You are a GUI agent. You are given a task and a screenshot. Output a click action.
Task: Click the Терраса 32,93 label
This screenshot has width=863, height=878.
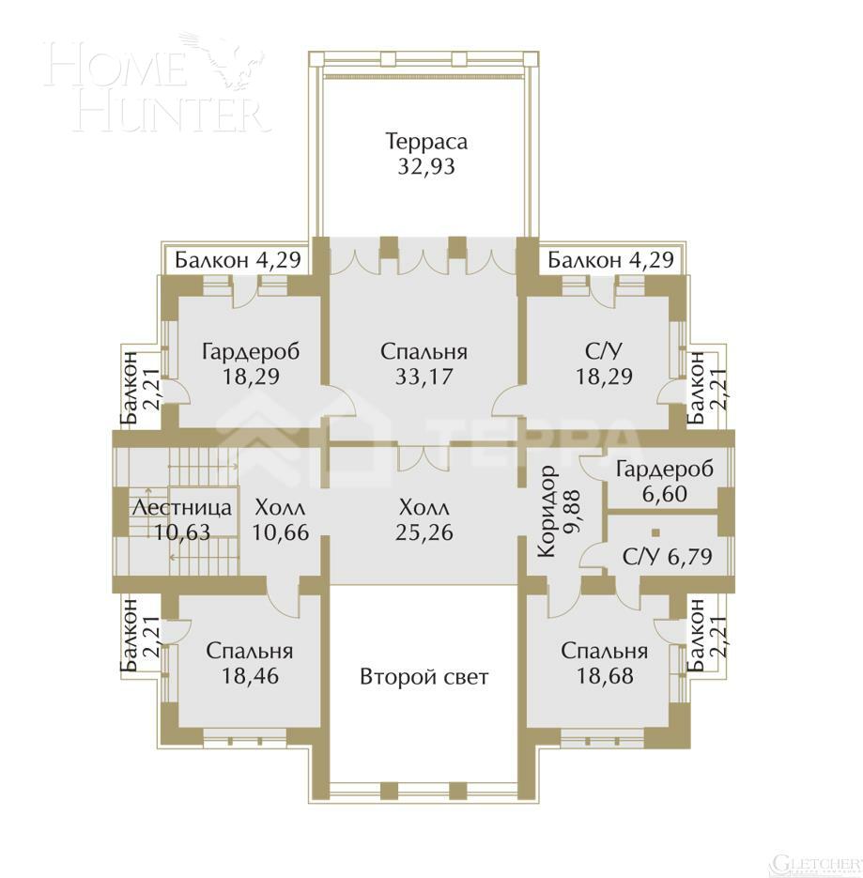(x=425, y=155)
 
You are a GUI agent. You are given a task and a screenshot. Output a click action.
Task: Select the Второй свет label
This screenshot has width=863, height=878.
(x=424, y=676)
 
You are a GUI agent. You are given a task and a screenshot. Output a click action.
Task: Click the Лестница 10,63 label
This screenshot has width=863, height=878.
(x=180, y=519)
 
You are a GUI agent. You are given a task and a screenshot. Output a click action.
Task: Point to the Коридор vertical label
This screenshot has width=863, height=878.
(x=547, y=512)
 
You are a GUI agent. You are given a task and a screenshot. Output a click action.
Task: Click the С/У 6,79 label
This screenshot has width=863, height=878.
(x=667, y=556)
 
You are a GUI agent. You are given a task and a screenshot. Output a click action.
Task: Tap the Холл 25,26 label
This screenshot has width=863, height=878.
(x=424, y=519)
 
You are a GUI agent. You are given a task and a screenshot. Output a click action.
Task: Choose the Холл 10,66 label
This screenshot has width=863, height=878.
(x=281, y=519)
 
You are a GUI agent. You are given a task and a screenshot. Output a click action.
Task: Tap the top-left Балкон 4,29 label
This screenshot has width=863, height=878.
(x=239, y=260)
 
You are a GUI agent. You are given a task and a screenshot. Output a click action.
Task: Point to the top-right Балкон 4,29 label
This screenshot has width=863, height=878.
(x=611, y=260)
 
